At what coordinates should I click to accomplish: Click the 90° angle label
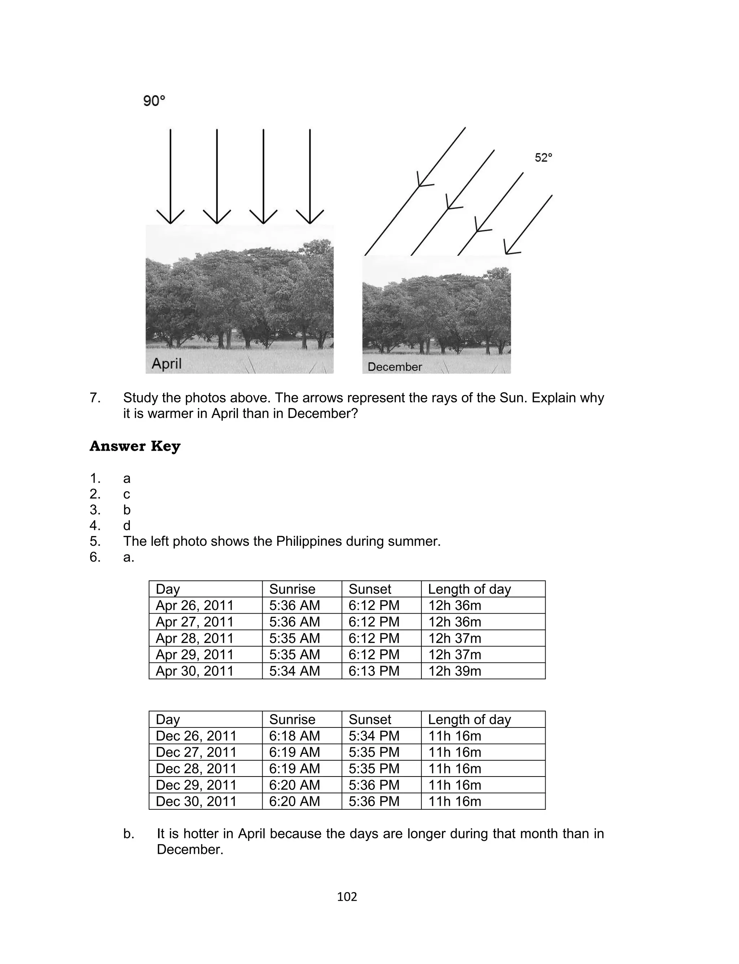point(154,101)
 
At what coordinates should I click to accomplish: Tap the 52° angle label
point(543,157)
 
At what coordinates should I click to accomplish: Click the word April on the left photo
point(166,364)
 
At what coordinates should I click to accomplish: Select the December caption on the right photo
point(394,367)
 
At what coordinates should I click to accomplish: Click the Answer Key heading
point(135,446)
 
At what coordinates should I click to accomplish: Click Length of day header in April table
point(469,589)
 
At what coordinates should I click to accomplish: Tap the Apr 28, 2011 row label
point(194,638)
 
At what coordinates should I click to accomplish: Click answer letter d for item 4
point(127,526)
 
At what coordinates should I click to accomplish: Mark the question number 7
point(95,398)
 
